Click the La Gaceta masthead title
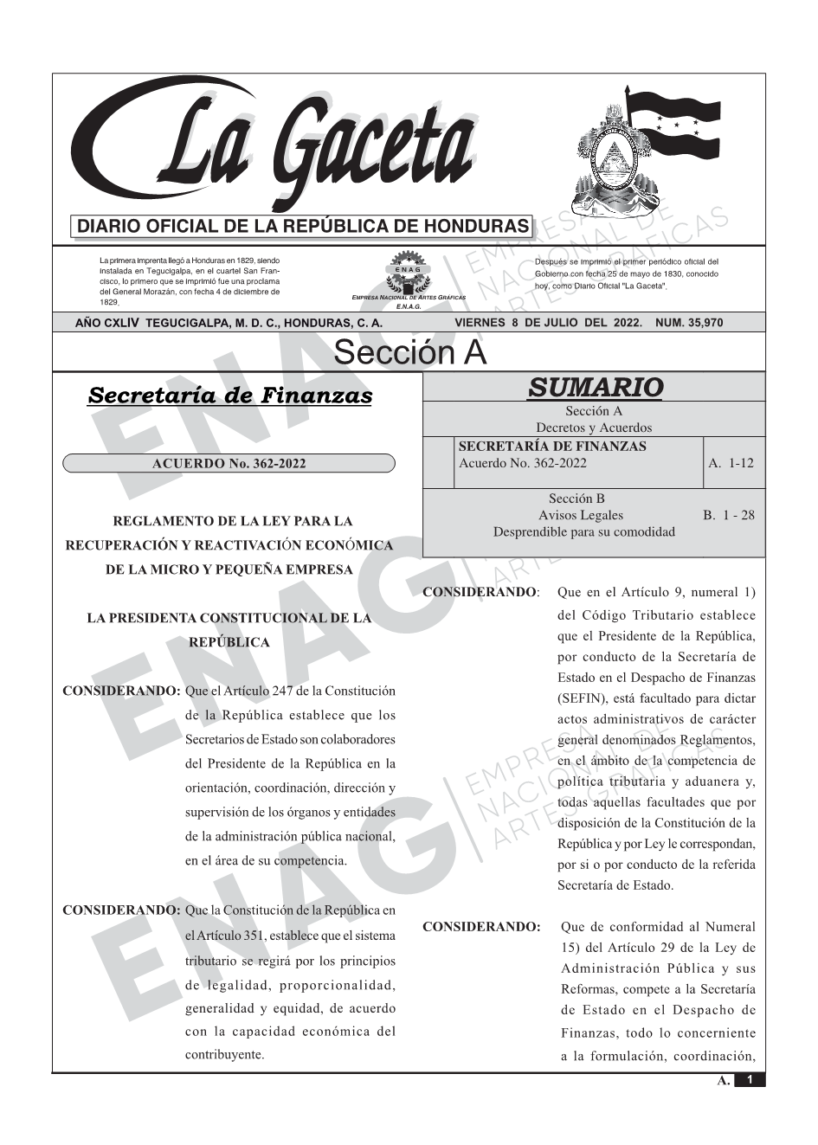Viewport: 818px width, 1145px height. tap(286, 147)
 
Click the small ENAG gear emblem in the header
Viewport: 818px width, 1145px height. tap(408, 270)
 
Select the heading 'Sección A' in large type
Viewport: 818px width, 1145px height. tap(409, 353)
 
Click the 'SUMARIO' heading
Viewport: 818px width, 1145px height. tap(595, 387)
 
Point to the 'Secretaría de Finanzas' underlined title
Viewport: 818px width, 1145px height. tap(230, 396)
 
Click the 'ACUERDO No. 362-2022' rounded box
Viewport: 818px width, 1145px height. tap(229, 464)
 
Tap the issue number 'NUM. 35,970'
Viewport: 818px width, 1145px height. tap(689, 323)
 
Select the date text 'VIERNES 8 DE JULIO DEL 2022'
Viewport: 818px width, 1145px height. tap(548, 323)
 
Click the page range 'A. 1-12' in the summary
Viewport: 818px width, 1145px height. tap(731, 463)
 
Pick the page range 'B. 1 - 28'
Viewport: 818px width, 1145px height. tap(728, 515)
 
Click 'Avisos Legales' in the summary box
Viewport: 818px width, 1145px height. tap(580, 515)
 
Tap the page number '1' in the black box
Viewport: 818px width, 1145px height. tap(750, 1080)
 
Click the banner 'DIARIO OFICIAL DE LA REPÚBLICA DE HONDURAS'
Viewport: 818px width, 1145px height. tap(303, 227)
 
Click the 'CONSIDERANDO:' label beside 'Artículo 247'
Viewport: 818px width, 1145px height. tap(121, 692)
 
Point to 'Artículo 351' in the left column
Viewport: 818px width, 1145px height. tap(232, 936)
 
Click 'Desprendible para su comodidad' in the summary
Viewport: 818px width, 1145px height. tap(583, 531)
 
